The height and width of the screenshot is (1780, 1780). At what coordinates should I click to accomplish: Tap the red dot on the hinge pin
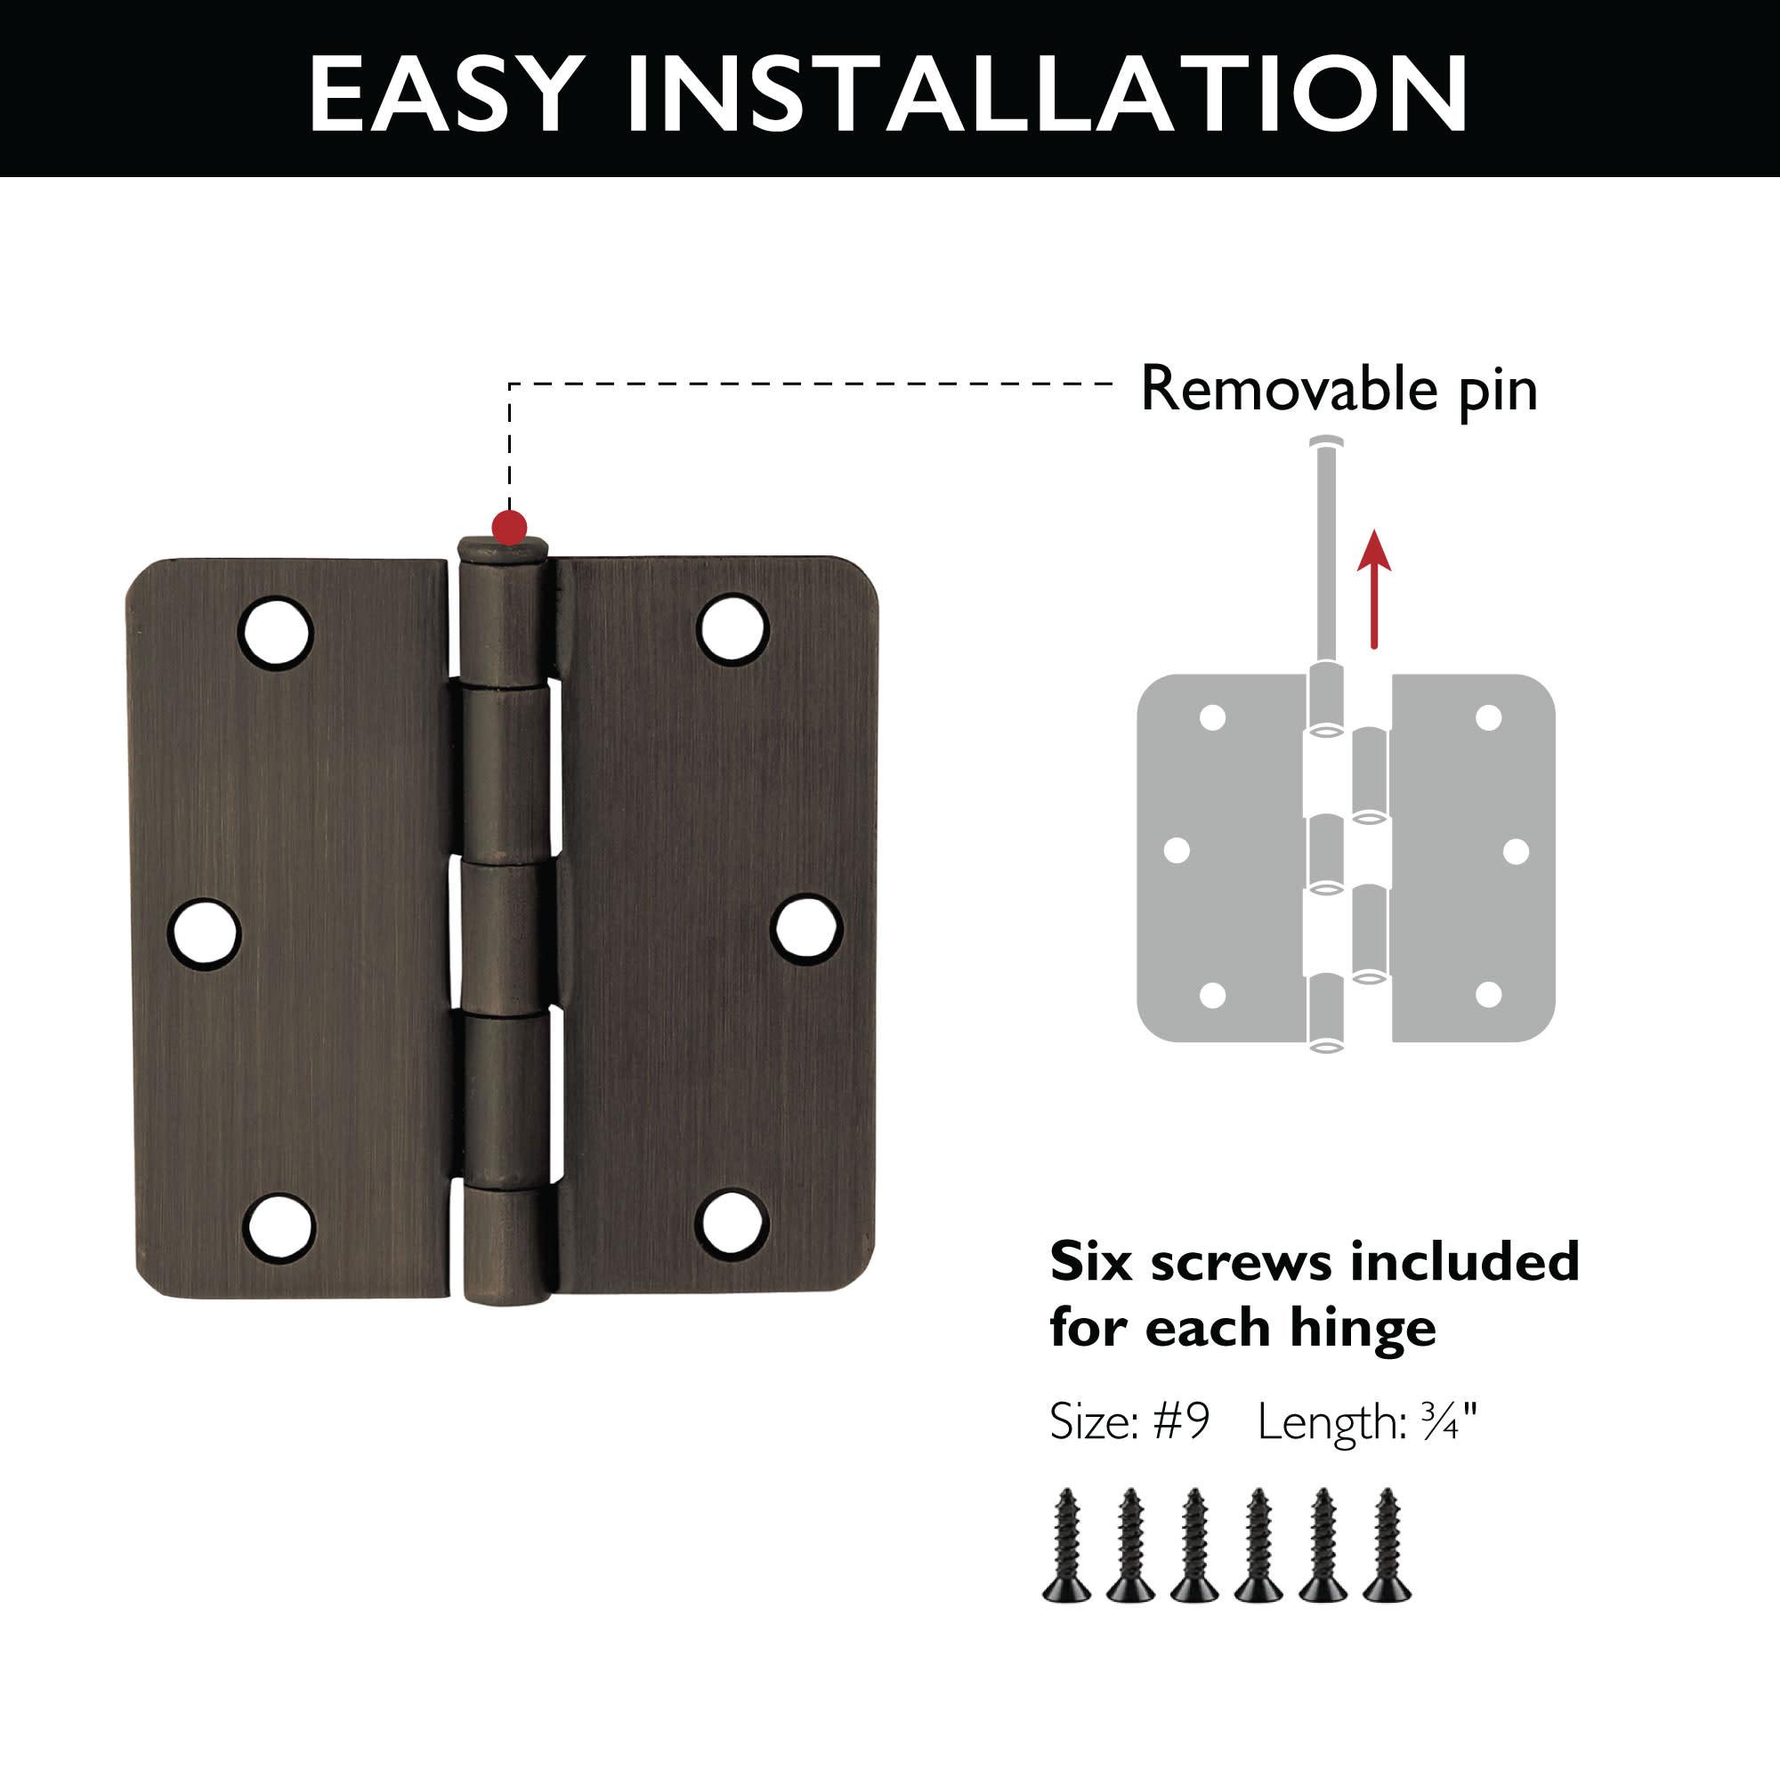coord(509,527)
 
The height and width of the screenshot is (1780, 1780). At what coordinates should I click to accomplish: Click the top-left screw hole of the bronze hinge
coord(276,633)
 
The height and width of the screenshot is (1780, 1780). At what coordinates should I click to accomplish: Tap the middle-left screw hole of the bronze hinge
coord(204,933)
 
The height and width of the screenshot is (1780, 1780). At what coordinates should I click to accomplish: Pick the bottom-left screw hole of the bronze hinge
coord(279,1228)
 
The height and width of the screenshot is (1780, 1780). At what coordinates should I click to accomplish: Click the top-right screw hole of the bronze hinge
coord(733,628)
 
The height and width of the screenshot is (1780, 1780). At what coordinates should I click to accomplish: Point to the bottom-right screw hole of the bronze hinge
coord(732,1225)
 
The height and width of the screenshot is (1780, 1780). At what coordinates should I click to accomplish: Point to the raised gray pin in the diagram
coord(1327,553)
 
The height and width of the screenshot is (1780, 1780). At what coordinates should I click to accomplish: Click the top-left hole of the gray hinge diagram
coord(1212,716)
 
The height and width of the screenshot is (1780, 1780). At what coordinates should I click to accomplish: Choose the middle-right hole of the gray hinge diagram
coord(1516,852)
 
